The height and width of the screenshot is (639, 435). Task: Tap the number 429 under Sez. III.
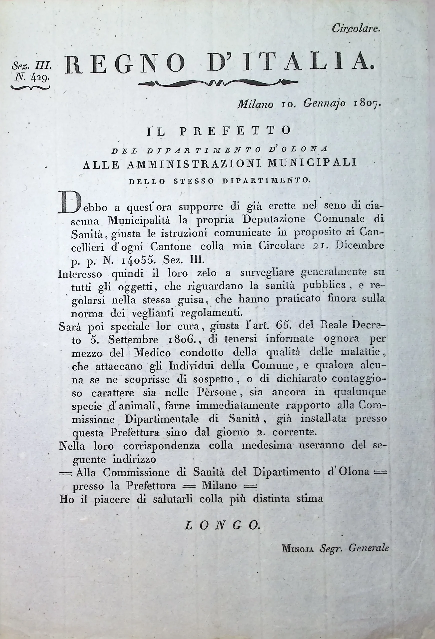click(40, 78)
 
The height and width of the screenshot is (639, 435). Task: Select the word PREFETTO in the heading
click(235, 131)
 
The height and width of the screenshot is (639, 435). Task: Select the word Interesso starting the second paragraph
click(80, 274)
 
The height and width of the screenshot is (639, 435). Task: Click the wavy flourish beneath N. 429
click(30, 87)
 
